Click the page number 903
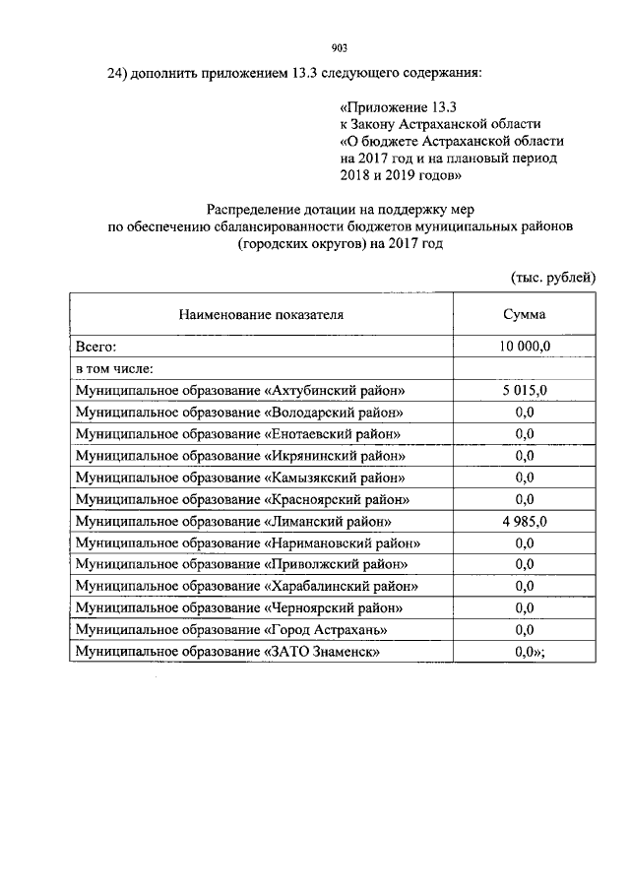pyautogui.click(x=339, y=47)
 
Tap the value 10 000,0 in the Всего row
pyautogui.click(x=524, y=347)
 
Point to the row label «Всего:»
pyautogui.click(x=96, y=347)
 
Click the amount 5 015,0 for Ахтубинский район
pyautogui.click(x=524, y=390)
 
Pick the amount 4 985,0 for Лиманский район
pyautogui.click(x=524, y=521)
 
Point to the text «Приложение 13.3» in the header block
pyautogui.click(x=399, y=105)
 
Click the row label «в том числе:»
pyautogui.click(x=114, y=368)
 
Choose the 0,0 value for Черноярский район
pyautogui.click(x=524, y=607)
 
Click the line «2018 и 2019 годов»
pyautogui.click(x=400, y=175)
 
